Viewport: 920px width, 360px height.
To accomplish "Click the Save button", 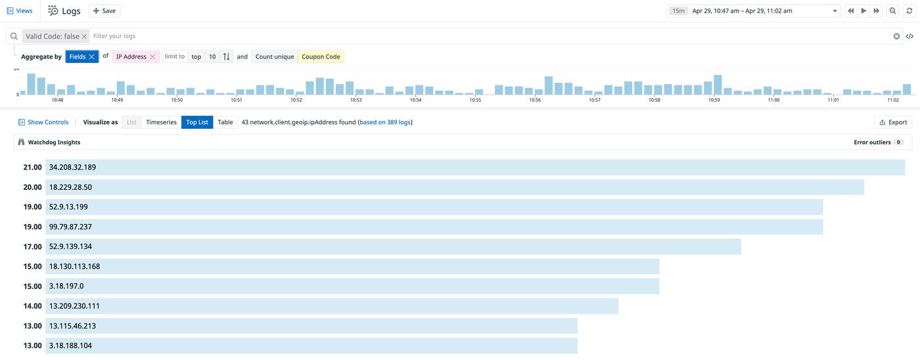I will [x=104, y=11].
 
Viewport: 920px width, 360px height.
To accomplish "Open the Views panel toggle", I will [x=20, y=11].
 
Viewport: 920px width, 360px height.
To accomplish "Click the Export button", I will [x=893, y=122].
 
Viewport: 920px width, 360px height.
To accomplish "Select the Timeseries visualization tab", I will [x=161, y=122].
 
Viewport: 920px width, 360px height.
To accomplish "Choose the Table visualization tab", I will [x=225, y=122].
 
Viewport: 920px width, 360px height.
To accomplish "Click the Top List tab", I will [x=197, y=122].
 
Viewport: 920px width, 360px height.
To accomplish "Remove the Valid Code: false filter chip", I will [x=85, y=36].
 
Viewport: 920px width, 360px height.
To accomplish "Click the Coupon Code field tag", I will [x=321, y=56].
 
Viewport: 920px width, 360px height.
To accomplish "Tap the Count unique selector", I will [x=275, y=56].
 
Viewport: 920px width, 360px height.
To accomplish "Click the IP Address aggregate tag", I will [x=131, y=56].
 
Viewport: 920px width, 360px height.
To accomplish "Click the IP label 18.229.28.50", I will [x=70, y=187].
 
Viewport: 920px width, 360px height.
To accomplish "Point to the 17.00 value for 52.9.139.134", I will [x=32, y=246].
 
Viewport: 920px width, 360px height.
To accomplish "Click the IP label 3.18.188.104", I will [x=70, y=346].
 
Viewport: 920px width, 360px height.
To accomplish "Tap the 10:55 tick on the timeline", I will [x=475, y=100].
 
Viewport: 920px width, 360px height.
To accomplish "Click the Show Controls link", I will [x=43, y=122].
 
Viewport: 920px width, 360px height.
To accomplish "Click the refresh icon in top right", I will [x=909, y=11].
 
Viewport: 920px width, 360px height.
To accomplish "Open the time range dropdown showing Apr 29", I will [x=753, y=11].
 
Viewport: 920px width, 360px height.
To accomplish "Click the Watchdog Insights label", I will [x=54, y=142].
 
